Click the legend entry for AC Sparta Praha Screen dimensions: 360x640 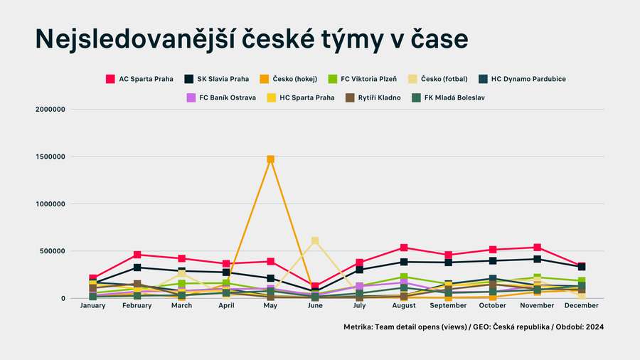(139, 79)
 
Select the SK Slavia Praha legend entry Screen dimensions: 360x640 (217, 79)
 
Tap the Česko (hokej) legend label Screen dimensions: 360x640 (294, 79)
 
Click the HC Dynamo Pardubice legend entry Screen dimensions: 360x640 (523, 79)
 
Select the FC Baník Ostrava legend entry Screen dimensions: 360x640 (221, 97)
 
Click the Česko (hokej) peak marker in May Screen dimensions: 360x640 (270, 159)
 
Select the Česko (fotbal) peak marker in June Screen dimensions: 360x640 (315, 241)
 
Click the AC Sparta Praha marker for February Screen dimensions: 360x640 (137, 255)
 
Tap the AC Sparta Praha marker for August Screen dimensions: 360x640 (404, 248)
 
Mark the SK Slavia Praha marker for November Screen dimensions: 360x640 (537, 259)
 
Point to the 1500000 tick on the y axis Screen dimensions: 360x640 (49, 157)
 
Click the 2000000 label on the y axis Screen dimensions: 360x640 (49, 110)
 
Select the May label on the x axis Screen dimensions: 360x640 (270, 306)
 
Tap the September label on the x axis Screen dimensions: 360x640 (448, 306)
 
